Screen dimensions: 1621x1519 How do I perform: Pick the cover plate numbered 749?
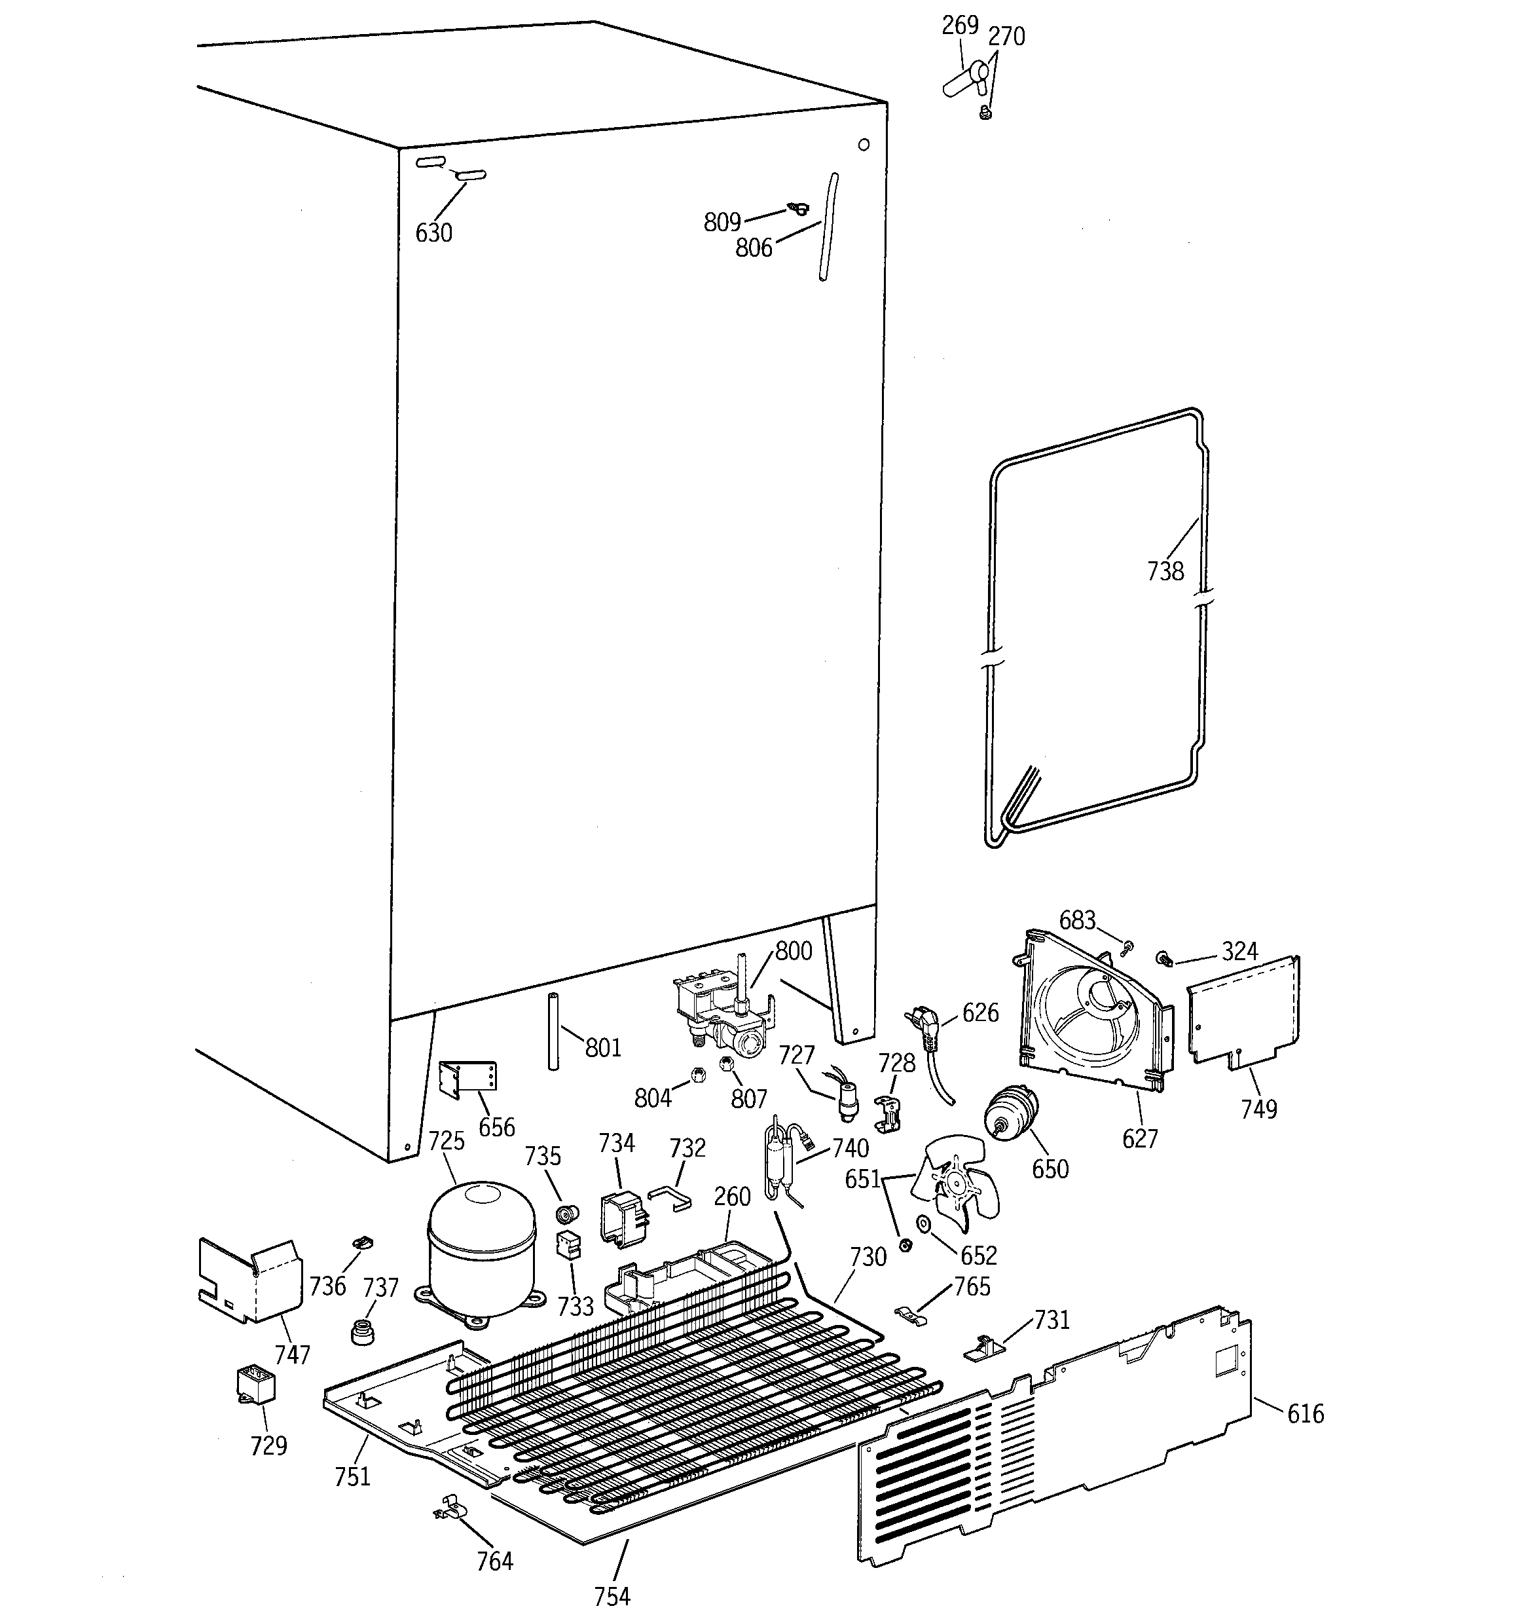point(1243,1012)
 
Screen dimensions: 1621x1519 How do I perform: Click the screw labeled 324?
point(1164,958)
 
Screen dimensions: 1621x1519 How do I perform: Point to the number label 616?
point(1306,1413)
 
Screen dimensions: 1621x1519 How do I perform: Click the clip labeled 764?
point(449,1508)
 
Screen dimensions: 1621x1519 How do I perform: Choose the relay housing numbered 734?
point(622,1219)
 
